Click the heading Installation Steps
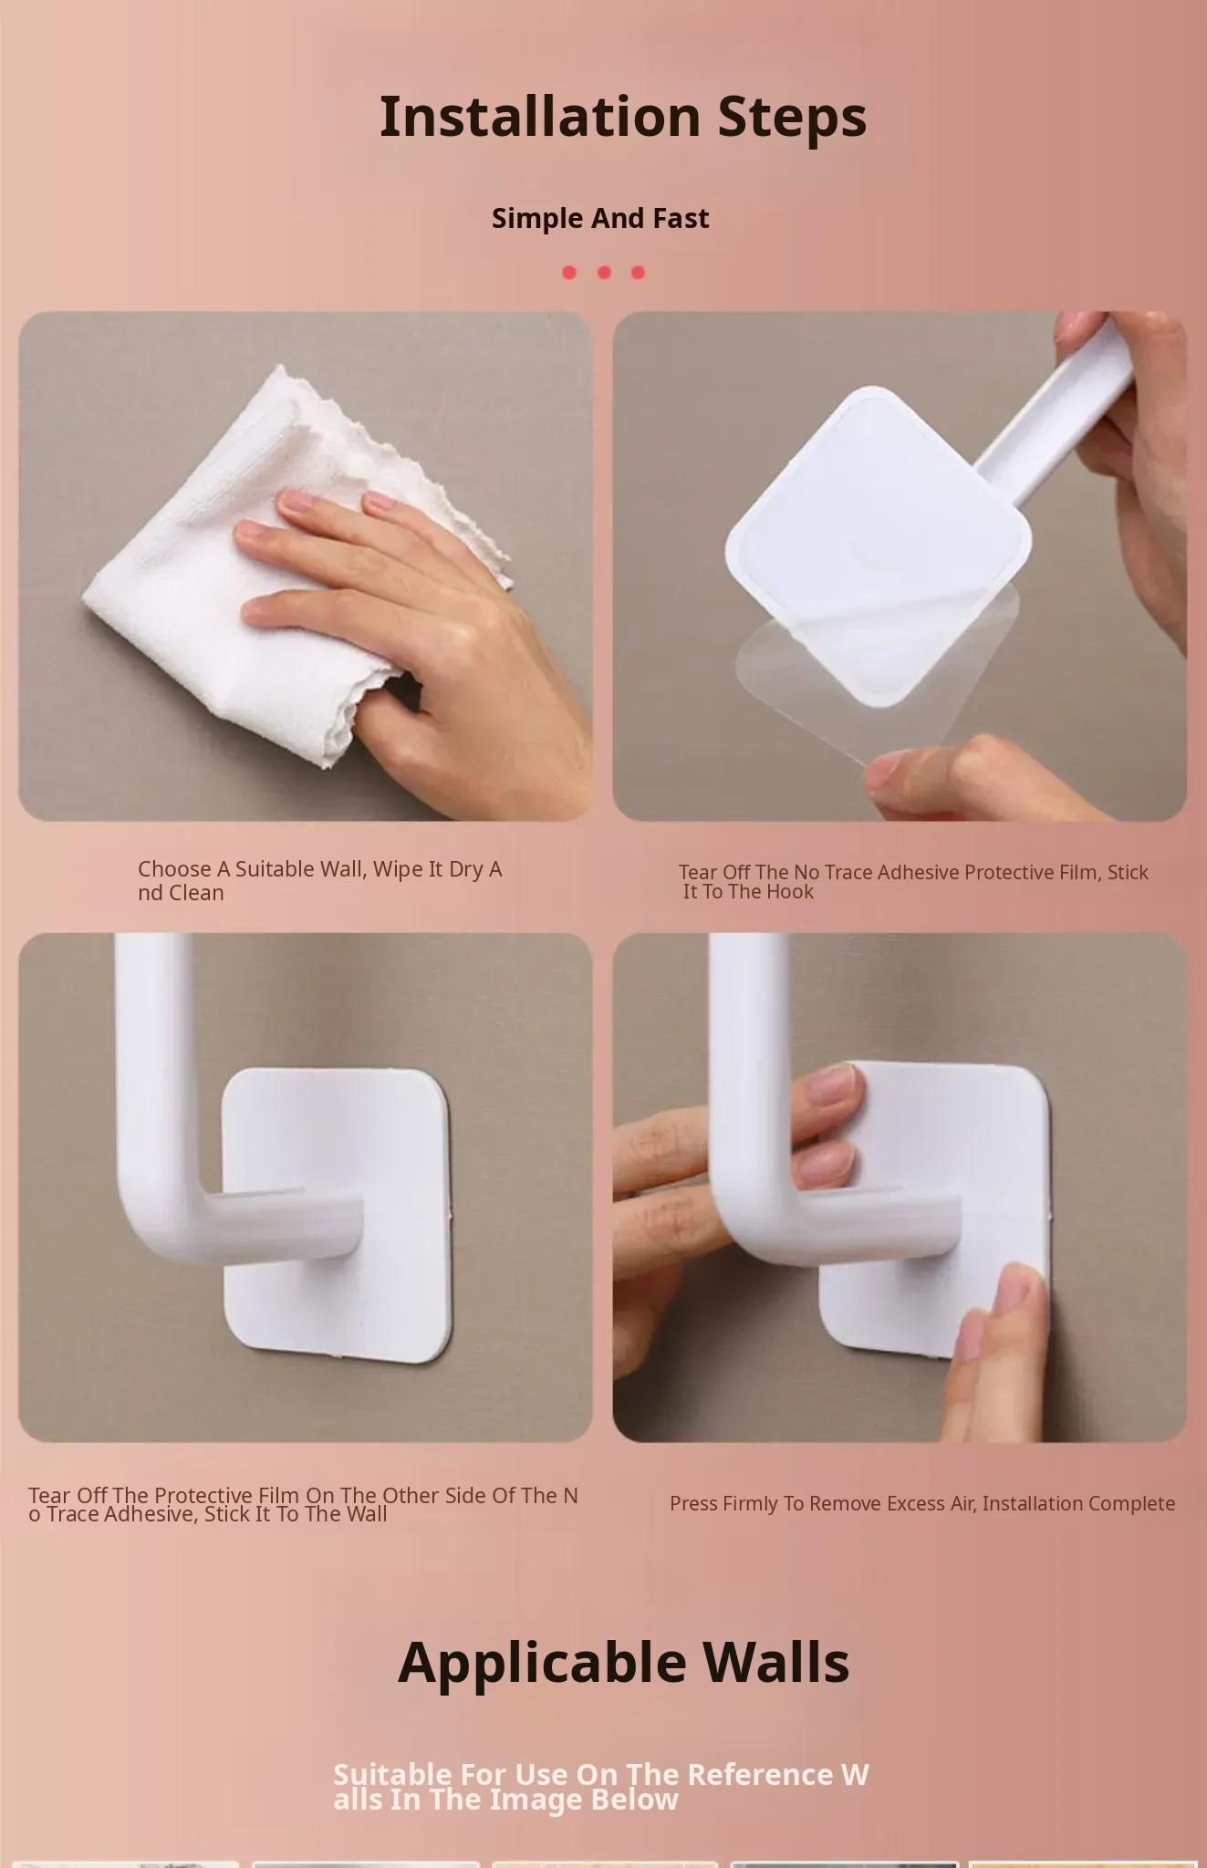click(x=623, y=116)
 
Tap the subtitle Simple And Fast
click(x=600, y=218)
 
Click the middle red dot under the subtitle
click(x=604, y=272)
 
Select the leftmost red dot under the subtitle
click(x=569, y=272)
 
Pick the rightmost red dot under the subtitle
click(x=638, y=272)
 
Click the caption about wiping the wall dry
click(x=320, y=880)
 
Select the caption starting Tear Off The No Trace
click(x=913, y=882)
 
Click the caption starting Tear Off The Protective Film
click(x=303, y=1504)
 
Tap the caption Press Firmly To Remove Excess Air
click(x=922, y=1503)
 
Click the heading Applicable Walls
click(x=624, y=1662)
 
